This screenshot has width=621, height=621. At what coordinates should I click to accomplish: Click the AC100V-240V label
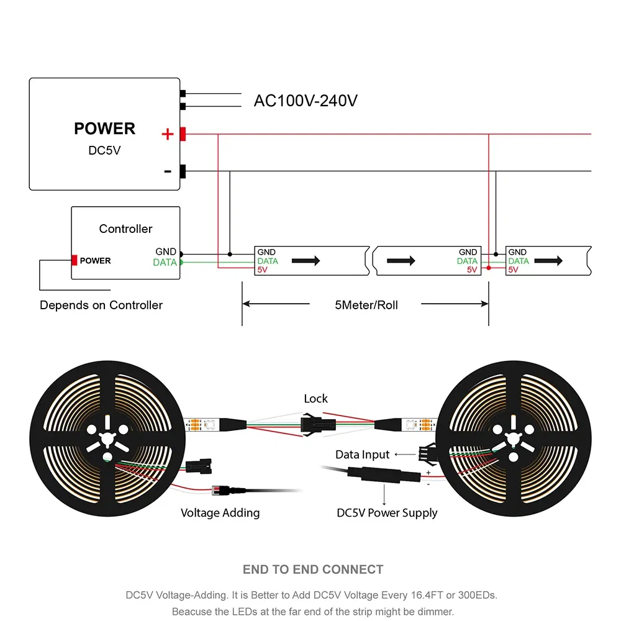(x=305, y=101)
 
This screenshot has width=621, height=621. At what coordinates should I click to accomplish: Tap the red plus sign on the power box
(x=167, y=134)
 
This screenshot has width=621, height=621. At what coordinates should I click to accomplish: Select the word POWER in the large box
(x=104, y=129)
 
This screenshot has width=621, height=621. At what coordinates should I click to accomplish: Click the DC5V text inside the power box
(x=104, y=151)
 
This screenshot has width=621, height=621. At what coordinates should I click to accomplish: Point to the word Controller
(x=125, y=229)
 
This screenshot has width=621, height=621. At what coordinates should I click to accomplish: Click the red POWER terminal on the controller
(x=75, y=261)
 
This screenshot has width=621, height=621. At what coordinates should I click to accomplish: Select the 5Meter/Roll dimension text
(x=366, y=305)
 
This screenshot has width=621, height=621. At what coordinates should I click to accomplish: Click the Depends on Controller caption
(x=101, y=305)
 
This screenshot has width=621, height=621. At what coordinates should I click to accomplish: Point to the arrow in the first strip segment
(x=306, y=261)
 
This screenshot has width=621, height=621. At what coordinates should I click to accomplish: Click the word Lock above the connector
(x=315, y=399)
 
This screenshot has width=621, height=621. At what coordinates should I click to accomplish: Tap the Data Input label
(x=362, y=455)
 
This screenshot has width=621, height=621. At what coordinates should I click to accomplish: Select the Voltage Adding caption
(x=220, y=513)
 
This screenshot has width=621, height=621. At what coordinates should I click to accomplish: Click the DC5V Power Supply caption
(x=387, y=513)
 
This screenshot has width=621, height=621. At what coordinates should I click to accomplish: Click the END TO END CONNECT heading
(x=313, y=569)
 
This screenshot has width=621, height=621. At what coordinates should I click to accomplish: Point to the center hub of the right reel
(x=513, y=438)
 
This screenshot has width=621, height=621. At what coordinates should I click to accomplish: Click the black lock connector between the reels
(x=315, y=425)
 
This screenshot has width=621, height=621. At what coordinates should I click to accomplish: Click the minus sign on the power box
(x=168, y=171)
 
